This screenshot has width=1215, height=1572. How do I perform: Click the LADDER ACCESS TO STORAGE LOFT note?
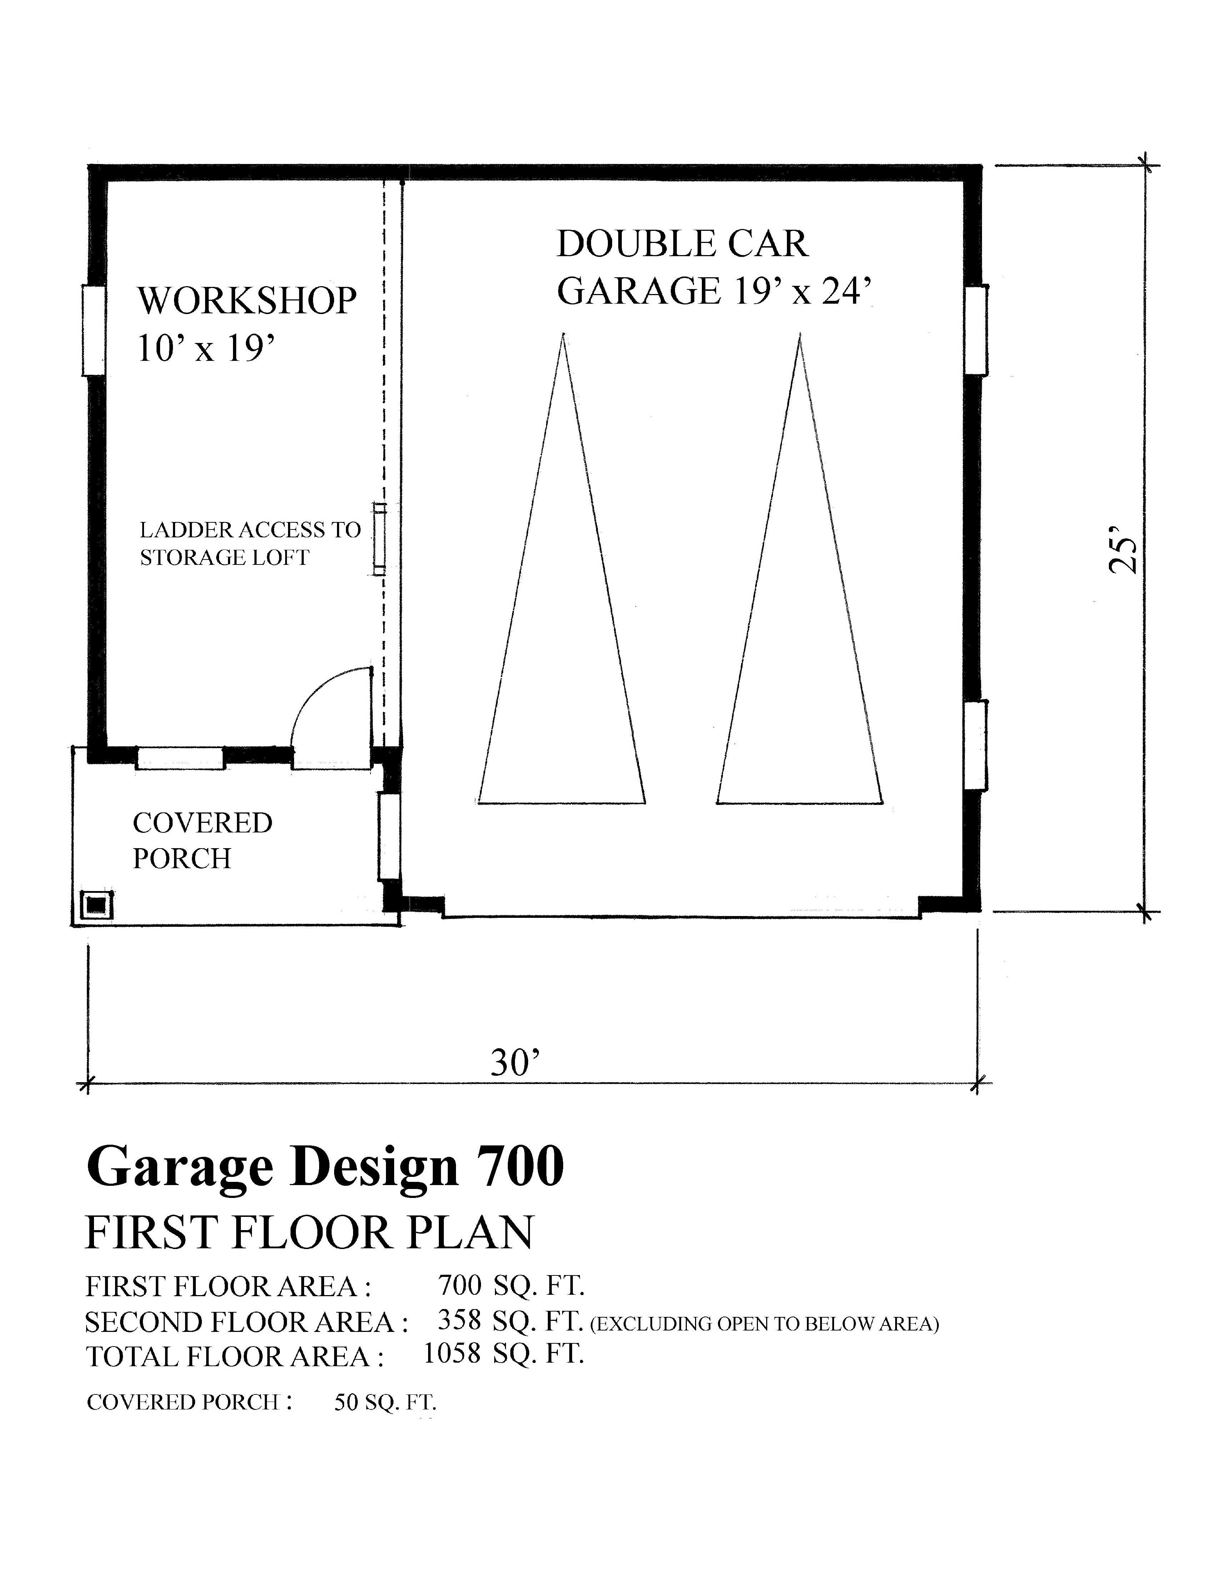249,543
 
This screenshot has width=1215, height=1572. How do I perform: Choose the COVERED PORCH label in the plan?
202,840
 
